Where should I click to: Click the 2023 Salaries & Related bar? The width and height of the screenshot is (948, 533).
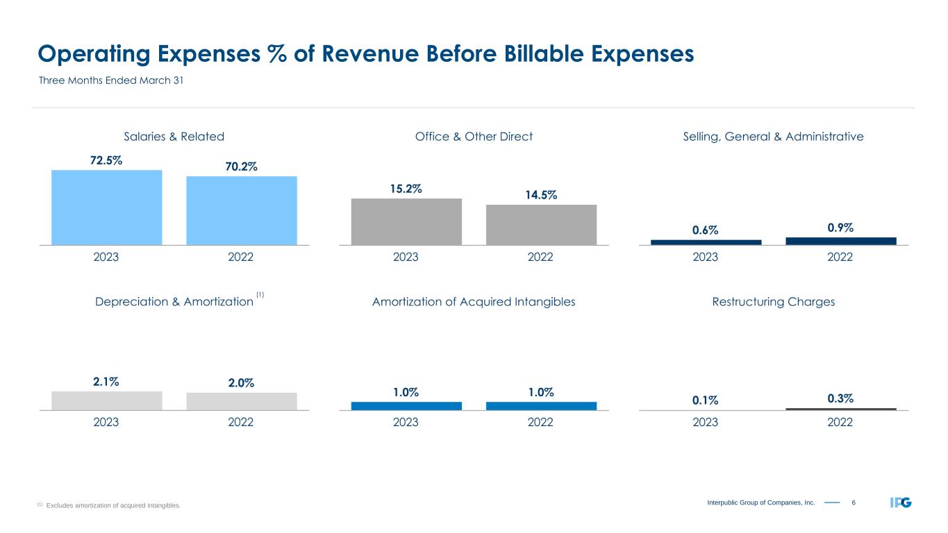(106, 207)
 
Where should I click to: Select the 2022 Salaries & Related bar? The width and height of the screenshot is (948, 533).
(241, 210)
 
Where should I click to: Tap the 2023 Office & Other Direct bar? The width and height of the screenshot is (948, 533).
(406, 221)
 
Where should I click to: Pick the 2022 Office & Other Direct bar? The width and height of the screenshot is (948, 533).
(541, 224)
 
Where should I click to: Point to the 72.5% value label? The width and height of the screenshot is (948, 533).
(106, 160)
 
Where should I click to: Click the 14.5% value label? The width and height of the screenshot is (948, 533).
(541, 195)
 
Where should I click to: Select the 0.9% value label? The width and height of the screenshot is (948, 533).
(840, 228)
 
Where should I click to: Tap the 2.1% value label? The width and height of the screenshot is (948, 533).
(106, 381)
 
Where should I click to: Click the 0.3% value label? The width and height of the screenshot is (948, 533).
(840, 398)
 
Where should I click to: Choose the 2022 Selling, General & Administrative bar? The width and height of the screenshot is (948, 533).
(840, 241)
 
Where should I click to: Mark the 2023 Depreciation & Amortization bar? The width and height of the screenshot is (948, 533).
(106, 400)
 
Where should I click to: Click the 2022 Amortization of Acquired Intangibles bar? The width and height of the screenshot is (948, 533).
(541, 406)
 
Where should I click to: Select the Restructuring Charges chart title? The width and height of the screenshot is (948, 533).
(773, 302)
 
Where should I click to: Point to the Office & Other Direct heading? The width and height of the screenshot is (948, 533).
(474, 137)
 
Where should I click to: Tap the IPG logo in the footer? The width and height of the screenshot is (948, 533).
(901, 502)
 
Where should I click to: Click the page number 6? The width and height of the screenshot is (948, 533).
(854, 502)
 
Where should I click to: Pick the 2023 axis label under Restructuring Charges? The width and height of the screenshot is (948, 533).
(706, 422)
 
